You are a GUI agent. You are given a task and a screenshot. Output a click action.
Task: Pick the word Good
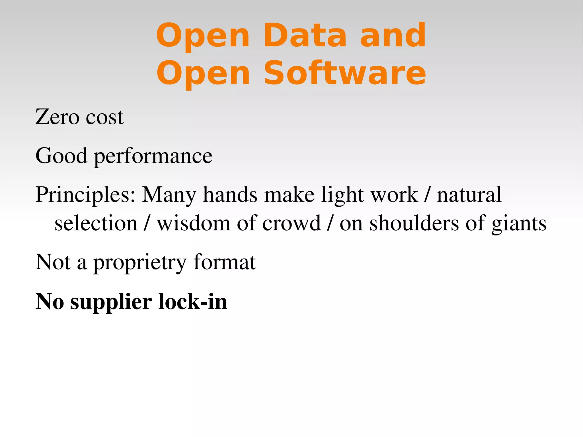pos(61,156)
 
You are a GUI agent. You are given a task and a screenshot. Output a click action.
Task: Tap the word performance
pos(153,157)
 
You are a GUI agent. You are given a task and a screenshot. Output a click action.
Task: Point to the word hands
pos(230,195)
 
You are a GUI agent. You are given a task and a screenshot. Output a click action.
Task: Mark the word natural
pos(469,195)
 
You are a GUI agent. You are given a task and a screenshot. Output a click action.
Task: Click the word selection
pos(96,223)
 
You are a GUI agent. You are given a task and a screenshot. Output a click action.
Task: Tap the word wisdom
pos(194,223)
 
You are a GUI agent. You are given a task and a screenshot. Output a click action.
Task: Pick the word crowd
pos(291,223)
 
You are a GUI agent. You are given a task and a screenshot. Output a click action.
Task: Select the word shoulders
pos(414,223)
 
